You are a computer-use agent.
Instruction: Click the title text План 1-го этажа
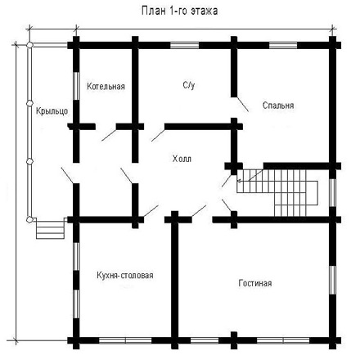pos(179,11)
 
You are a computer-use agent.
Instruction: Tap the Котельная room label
pos(106,86)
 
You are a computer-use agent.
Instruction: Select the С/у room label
pos(189,85)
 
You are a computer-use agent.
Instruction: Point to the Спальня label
pos(278,106)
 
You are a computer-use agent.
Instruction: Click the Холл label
pos(182,159)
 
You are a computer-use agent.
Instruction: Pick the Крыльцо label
pos(52,111)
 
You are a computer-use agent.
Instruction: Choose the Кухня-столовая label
pos(125,275)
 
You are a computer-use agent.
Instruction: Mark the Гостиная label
pos(255,283)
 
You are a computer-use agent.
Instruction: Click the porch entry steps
pos(51,229)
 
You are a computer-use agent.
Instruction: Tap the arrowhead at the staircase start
pos(239,181)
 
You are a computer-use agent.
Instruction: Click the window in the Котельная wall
pos(76,86)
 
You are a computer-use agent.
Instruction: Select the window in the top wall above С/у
pos(185,45)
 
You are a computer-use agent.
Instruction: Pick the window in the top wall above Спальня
pos(283,45)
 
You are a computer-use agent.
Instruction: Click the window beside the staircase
pos(332,192)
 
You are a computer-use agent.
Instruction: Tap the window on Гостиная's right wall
pos(332,280)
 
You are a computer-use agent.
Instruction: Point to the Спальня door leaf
pos(242,104)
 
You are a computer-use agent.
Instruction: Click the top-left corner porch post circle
pos(29,45)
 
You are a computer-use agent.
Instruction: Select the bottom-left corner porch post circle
pos(29,219)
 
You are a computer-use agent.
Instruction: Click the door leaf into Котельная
pos(109,135)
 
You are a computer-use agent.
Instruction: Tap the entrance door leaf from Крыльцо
pos(67,175)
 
